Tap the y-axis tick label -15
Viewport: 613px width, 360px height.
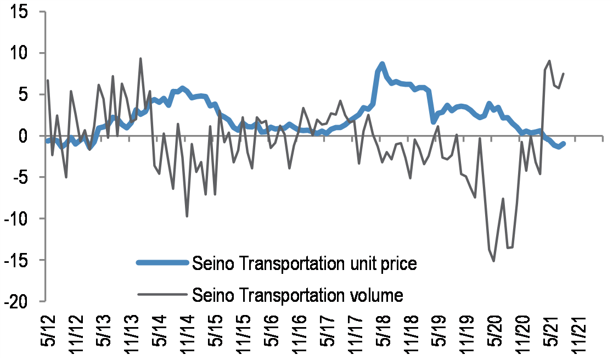click(19, 260)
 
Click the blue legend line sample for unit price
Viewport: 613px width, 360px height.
click(162, 263)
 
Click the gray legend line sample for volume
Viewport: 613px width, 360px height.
click(162, 295)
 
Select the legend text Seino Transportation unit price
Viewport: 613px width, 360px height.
click(304, 264)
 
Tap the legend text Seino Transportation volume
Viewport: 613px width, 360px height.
click(297, 296)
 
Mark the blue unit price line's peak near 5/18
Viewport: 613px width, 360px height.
click(382, 64)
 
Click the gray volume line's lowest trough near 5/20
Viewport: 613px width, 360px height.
click(494, 261)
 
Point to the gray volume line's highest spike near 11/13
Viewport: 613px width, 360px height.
click(140, 58)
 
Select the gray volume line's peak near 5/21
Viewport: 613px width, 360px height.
click(549, 61)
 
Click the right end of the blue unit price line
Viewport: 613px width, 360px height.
click(563, 143)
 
